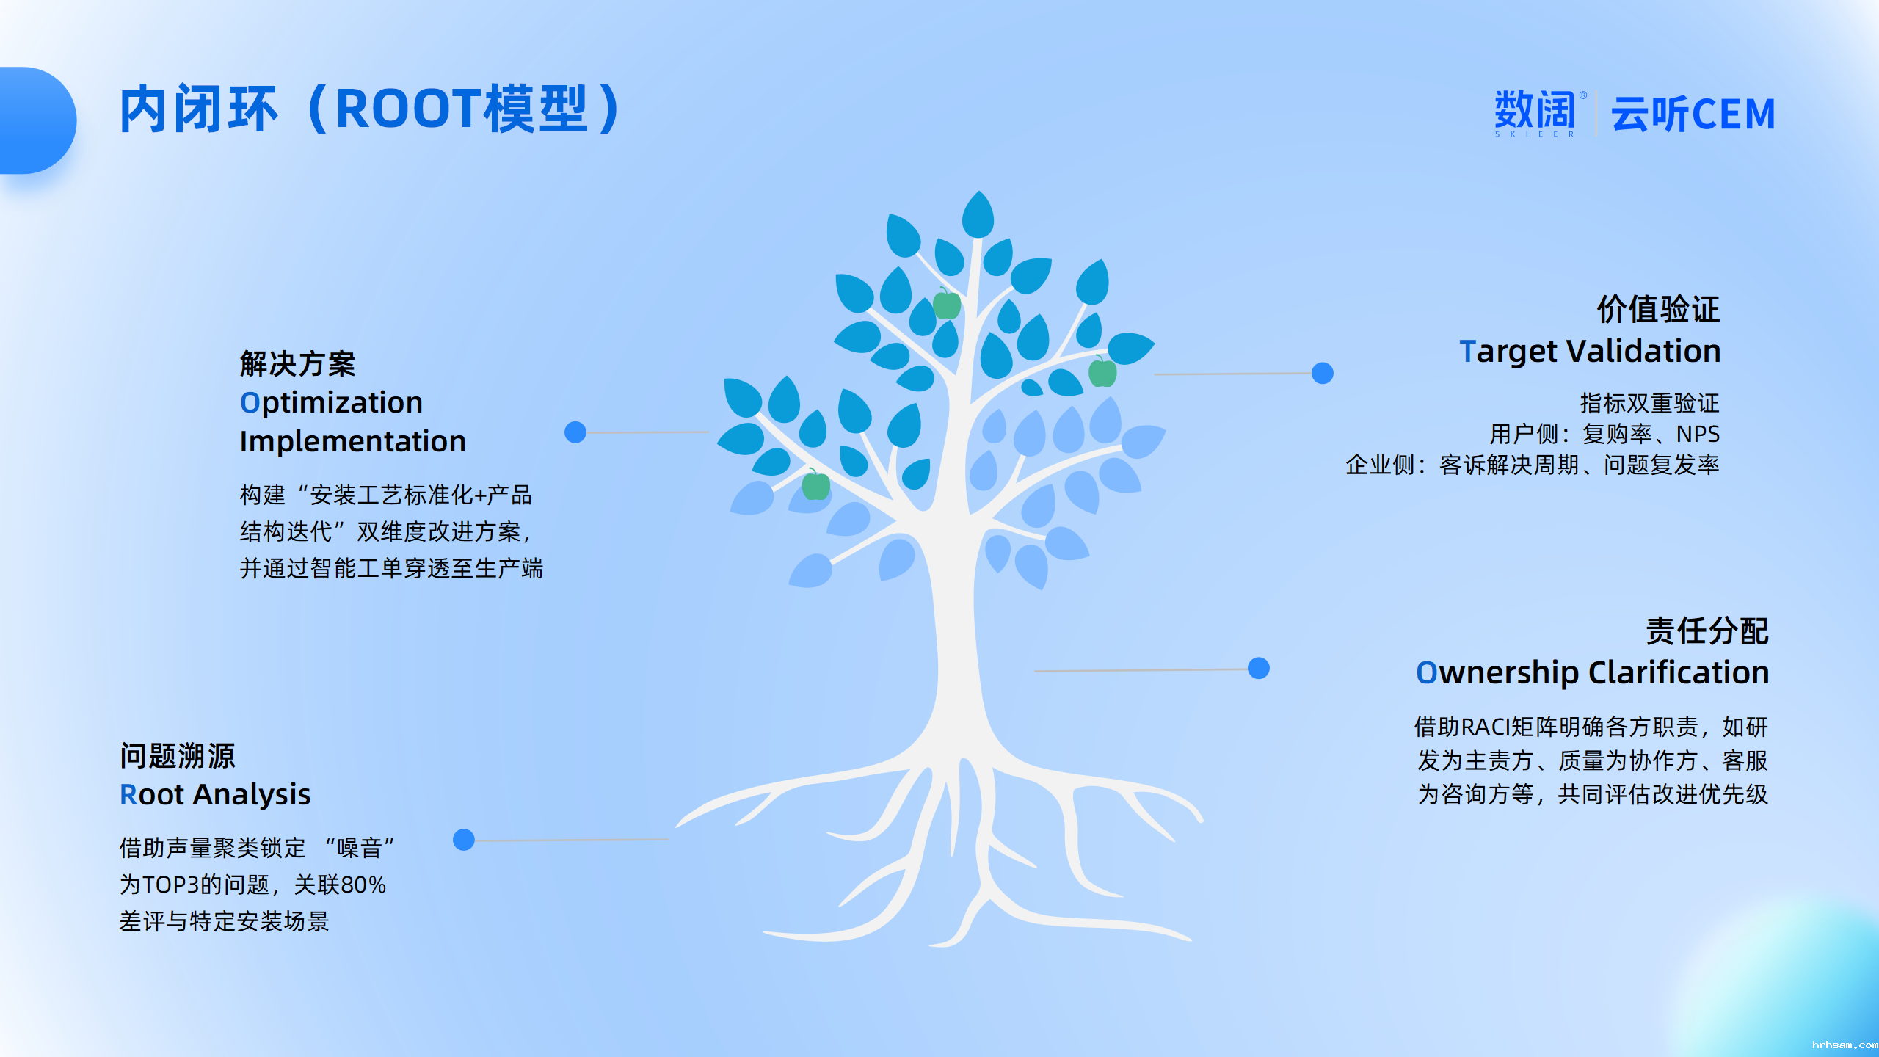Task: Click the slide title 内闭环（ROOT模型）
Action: [x=371, y=109]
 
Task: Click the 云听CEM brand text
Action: [x=1693, y=114]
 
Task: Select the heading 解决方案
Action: [x=297, y=363]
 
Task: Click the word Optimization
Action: [x=331, y=402]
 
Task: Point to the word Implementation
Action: [x=353, y=441]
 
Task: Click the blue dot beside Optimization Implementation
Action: [x=575, y=432]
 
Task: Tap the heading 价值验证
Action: [x=1658, y=309]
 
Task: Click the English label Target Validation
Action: [x=1590, y=351]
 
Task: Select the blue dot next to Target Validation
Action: [x=1323, y=373]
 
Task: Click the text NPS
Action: [x=1698, y=434]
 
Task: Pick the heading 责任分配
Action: [x=1707, y=631]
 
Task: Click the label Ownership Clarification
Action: [x=1593, y=672]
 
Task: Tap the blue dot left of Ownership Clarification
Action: [x=1259, y=668]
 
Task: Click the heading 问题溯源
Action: [x=178, y=755]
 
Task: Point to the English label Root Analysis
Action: [x=215, y=794]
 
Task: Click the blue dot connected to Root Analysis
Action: [x=464, y=839]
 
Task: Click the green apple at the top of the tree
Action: [x=947, y=303]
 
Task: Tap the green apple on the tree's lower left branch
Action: [x=815, y=484]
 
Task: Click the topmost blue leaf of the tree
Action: [x=978, y=214]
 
